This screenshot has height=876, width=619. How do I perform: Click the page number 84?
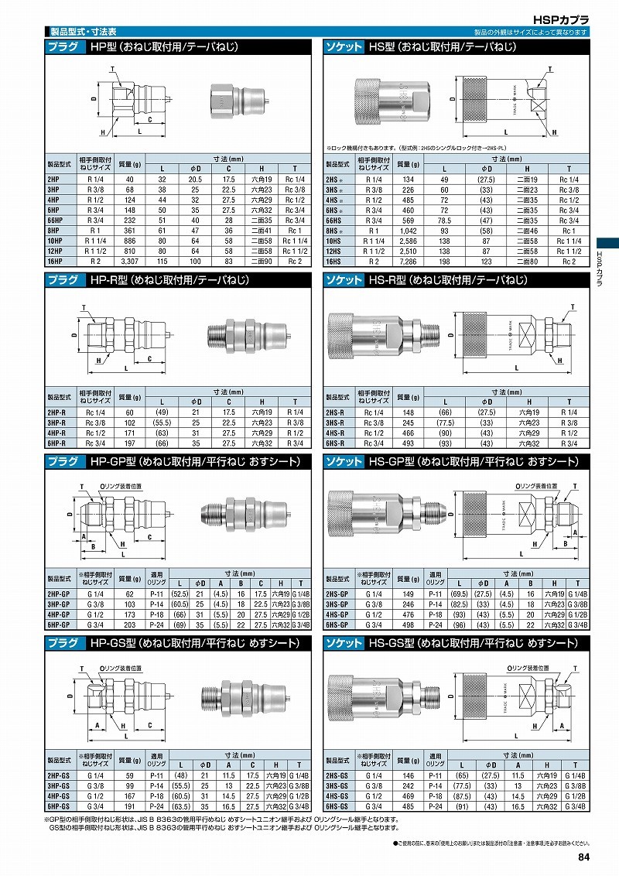click(583, 856)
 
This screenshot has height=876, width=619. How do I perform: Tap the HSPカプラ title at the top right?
click(562, 19)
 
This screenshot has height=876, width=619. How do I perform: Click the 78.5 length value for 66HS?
click(444, 221)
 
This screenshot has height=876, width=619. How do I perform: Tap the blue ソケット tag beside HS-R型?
click(343, 280)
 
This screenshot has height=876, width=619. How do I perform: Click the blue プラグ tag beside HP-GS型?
click(63, 643)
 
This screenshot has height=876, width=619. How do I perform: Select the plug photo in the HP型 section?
click(238, 101)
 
